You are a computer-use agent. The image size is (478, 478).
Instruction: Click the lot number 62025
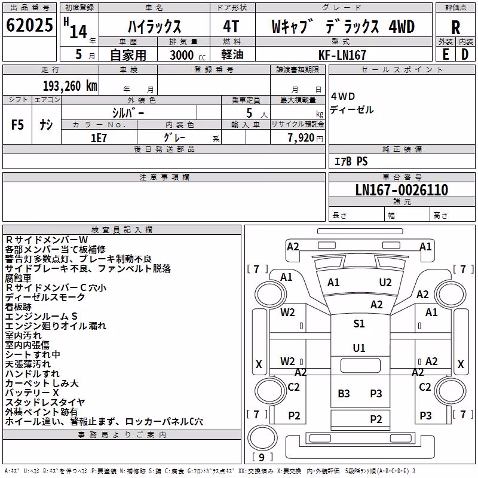[x=29, y=25]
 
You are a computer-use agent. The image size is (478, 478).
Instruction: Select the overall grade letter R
[x=455, y=27]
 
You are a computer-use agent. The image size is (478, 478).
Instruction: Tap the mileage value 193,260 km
[x=70, y=86]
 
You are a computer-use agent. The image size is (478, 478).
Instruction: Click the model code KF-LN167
[x=342, y=55]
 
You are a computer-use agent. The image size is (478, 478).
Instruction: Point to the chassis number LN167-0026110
[x=402, y=190]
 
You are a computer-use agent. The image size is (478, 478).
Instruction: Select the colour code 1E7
[x=99, y=138]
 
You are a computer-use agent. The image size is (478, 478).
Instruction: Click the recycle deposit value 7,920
[x=301, y=138]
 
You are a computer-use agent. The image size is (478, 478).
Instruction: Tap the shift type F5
[x=17, y=125]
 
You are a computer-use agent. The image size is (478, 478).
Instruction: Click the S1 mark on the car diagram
[x=359, y=324]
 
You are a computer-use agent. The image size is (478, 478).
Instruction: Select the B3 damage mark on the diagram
[x=344, y=394]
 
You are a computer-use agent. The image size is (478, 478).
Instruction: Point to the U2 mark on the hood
[x=385, y=283]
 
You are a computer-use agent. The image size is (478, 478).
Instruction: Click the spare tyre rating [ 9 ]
[x=262, y=457]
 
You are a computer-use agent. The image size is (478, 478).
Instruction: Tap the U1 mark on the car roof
[x=359, y=348]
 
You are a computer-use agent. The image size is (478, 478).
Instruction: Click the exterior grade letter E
[x=446, y=54]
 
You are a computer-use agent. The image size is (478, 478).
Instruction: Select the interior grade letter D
[x=465, y=54]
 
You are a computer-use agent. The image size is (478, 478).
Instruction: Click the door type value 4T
[x=231, y=26]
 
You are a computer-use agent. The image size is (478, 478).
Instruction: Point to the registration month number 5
[x=79, y=54]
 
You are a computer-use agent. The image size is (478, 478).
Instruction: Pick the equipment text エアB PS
[x=351, y=161]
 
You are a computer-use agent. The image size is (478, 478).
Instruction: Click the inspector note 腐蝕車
[x=19, y=278]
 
